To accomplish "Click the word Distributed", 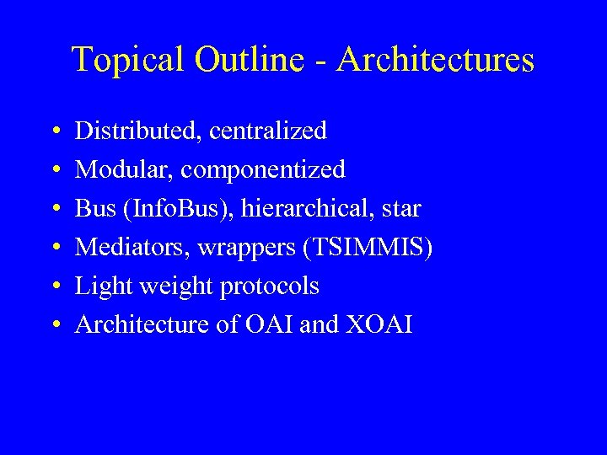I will coord(138,131).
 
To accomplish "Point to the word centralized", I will coord(267,131).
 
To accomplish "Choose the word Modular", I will coord(124,169).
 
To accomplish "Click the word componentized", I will coord(263,170).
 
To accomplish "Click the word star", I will coord(400,209).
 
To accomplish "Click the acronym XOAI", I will coord(379,325).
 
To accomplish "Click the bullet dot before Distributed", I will coord(54,131).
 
